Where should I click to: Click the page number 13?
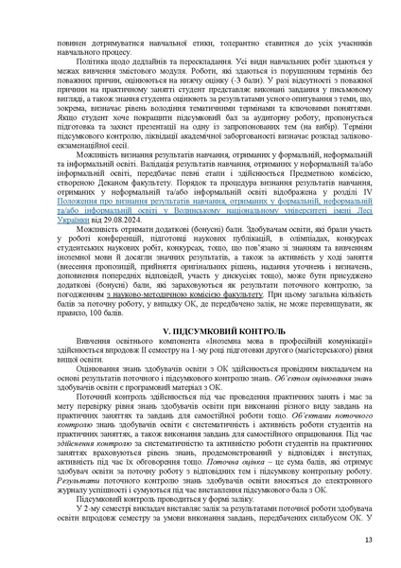(368, 540)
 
